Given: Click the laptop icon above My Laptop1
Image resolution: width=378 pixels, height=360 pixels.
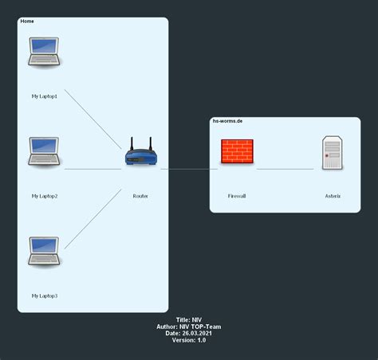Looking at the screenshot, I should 45,51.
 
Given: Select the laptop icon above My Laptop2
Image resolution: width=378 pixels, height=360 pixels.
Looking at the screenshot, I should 45,151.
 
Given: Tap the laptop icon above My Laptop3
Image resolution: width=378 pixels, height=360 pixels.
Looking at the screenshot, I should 45,250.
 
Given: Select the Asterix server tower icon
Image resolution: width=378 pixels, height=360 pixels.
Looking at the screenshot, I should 332,152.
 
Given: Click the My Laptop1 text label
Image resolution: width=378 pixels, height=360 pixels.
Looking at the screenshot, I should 45,96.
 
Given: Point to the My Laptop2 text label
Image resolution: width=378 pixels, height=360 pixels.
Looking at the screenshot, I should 45,195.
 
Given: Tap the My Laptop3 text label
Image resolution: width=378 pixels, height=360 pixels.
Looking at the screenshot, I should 45,295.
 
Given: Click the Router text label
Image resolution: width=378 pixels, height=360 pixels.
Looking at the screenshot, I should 140,195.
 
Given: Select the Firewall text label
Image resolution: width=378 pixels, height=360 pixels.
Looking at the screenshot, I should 237,195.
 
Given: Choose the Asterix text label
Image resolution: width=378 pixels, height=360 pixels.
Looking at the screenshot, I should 332,195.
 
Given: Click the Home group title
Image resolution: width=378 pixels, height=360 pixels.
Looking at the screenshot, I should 26,21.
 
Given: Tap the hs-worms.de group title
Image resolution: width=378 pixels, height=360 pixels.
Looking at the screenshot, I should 227,121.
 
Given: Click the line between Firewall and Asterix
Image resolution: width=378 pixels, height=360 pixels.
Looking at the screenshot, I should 285,169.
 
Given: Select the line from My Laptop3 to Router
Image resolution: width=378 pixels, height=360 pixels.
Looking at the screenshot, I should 93,218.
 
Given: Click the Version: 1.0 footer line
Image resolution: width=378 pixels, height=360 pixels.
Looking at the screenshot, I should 189,340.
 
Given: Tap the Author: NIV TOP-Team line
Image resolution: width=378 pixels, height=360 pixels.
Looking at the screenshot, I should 189,326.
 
